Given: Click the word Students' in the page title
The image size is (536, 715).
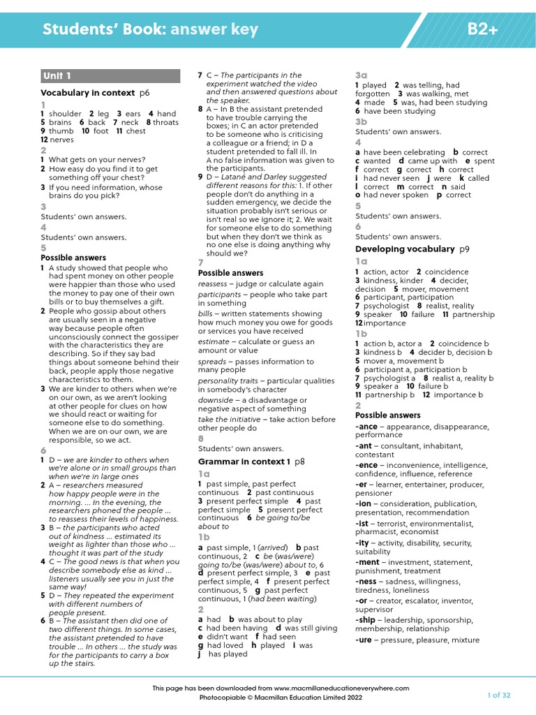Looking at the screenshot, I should tap(76, 29).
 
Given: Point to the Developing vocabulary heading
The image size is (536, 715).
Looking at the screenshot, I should tap(405, 249).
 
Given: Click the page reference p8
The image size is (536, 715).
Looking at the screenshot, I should tap(299, 462).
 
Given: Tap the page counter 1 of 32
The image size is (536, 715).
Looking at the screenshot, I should tap(498, 695).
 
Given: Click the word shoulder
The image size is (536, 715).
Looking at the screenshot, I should tap(65, 114).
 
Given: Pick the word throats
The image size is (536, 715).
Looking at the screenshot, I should tap(165, 122).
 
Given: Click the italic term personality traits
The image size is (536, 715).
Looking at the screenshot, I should tap(227, 381).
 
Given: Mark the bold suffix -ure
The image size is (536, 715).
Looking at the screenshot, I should tap(365, 640).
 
